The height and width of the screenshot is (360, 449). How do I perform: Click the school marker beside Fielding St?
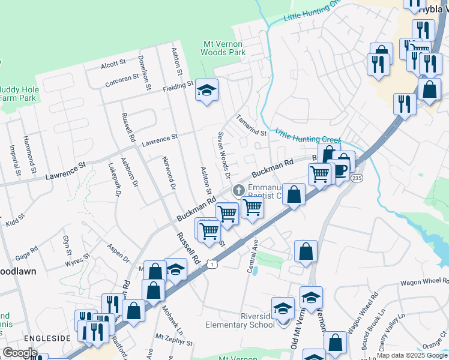(206, 91)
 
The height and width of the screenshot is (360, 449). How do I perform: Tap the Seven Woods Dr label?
(224, 155)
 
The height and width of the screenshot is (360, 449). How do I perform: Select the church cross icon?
(238, 191)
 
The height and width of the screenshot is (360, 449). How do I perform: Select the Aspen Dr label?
(118, 253)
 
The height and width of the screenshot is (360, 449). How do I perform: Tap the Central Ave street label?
(253, 256)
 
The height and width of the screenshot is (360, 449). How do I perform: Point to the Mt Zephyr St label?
(173, 340)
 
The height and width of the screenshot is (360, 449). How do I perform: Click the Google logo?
(20, 353)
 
